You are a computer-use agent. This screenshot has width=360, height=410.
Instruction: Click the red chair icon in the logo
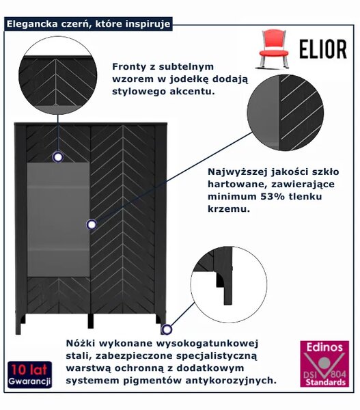(273, 49)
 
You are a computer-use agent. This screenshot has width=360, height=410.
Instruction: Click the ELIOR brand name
(323, 49)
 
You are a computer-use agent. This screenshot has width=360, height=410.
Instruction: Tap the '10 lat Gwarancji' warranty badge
(29, 374)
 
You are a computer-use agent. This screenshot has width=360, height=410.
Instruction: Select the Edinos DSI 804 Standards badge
(324, 364)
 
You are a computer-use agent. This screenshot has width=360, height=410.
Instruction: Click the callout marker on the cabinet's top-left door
(58, 157)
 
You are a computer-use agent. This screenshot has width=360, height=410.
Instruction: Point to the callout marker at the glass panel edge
(92, 224)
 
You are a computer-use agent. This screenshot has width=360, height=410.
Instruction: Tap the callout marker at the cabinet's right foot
(167, 329)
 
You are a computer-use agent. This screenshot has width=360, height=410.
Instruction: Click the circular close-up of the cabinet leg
(229, 285)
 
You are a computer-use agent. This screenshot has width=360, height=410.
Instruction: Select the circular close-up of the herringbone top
(58, 75)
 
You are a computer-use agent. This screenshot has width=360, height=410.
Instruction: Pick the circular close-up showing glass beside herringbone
(286, 113)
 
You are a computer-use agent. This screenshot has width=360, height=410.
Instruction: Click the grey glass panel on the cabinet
(59, 219)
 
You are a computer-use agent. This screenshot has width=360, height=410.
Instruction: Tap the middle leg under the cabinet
(90, 320)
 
